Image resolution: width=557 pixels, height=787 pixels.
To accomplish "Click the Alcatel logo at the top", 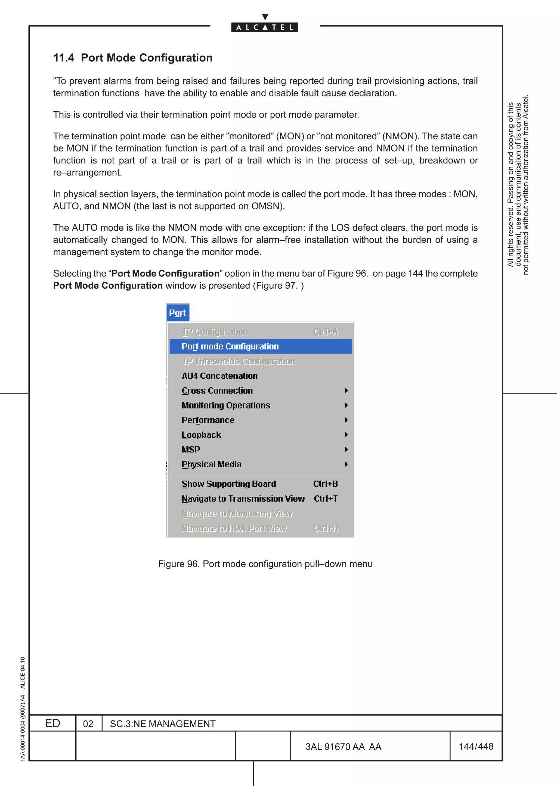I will coord(264,27).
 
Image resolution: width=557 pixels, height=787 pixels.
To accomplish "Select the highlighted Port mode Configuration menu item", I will coord(230,346).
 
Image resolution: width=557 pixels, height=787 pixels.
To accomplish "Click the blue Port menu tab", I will coord(177,313).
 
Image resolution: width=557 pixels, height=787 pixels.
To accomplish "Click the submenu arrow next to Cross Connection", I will coord(346,391).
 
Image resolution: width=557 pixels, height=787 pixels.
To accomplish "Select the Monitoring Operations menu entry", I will coord(226,405).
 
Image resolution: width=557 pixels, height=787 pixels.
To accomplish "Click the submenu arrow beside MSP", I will coord(346,449).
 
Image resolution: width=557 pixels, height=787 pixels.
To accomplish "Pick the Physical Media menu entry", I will coord(211,464).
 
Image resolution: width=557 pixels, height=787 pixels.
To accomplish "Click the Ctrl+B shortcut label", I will coord(325,484).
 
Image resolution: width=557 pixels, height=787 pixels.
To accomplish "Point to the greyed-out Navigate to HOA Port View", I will coord(234,528).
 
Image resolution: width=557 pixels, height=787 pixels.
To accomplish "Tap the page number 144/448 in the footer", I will coord(476,746).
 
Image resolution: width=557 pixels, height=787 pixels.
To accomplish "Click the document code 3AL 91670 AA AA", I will coord(343,747).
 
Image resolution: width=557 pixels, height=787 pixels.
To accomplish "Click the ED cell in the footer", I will coord(52,723).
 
